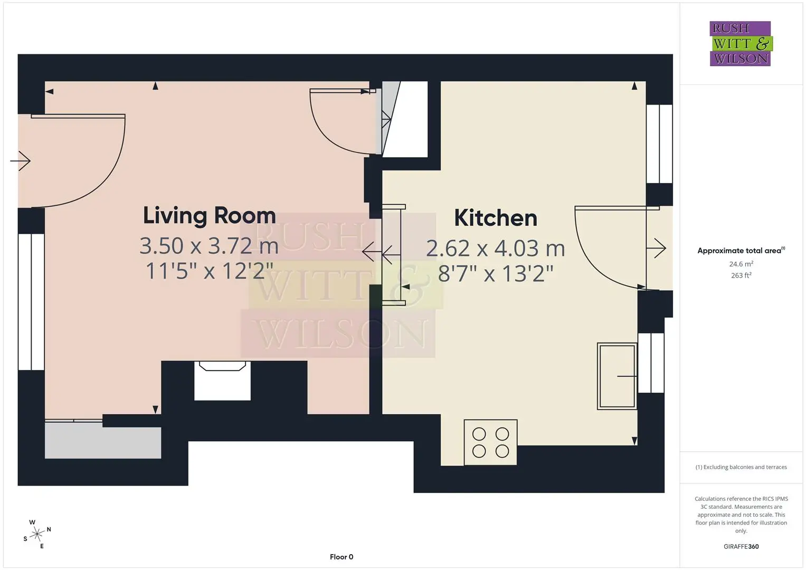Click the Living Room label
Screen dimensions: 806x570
(x=210, y=215)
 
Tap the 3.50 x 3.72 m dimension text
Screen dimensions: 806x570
(x=209, y=246)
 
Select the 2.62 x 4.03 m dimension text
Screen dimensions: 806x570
(x=496, y=248)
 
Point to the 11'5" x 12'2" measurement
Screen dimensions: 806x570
(x=210, y=271)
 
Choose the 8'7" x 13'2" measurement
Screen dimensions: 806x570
(x=496, y=273)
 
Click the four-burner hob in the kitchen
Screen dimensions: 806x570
(x=490, y=442)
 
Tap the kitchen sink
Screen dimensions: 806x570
(x=617, y=376)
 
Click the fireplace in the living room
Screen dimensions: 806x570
(x=222, y=381)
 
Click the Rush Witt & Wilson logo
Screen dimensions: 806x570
(x=741, y=43)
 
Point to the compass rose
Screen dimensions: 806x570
(x=37, y=534)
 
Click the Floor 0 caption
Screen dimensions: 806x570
(x=342, y=557)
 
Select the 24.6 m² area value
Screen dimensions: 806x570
(x=741, y=264)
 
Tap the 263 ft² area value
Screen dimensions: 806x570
(x=741, y=275)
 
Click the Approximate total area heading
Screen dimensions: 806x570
(x=741, y=251)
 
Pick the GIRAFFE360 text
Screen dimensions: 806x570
(x=741, y=546)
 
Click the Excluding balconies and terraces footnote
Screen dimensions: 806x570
(x=741, y=467)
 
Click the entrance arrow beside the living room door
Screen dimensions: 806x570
(x=20, y=161)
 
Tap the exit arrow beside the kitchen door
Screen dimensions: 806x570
(x=656, y=248)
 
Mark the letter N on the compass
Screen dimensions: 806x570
(x=49, y=529)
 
